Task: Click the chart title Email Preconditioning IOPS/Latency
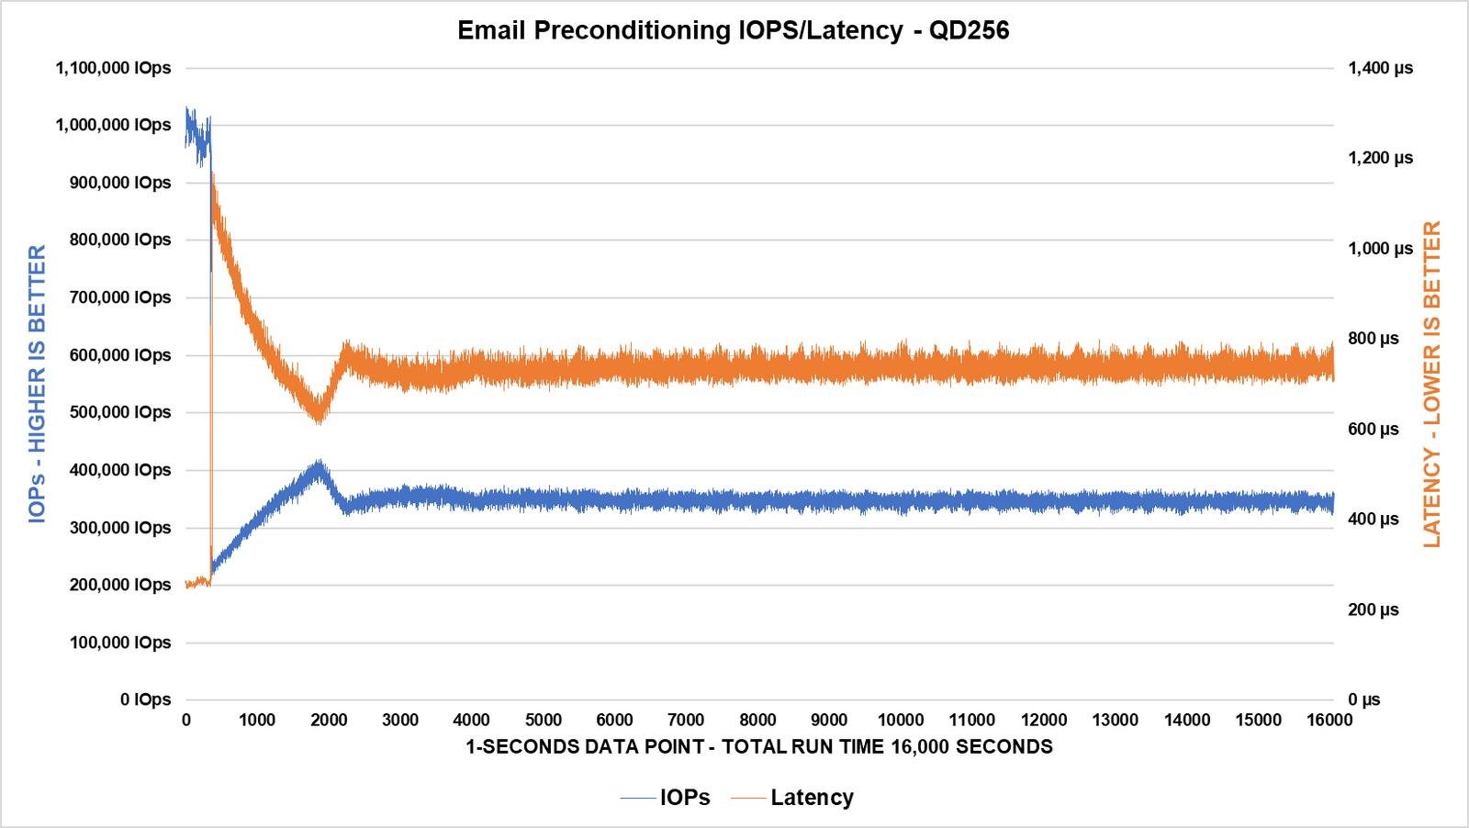733,30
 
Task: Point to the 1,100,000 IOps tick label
113,68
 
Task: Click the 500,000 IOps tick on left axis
120,412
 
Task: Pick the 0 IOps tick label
145,699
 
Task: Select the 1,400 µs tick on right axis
1380,68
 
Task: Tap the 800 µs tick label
1373,339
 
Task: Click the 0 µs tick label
1363,699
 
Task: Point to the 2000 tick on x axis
329,721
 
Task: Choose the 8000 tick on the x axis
757,721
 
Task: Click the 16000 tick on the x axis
1329,721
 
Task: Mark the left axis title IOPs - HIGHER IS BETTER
37,384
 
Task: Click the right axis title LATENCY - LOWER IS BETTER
1431,384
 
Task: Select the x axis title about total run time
758,746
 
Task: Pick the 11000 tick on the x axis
972,721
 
